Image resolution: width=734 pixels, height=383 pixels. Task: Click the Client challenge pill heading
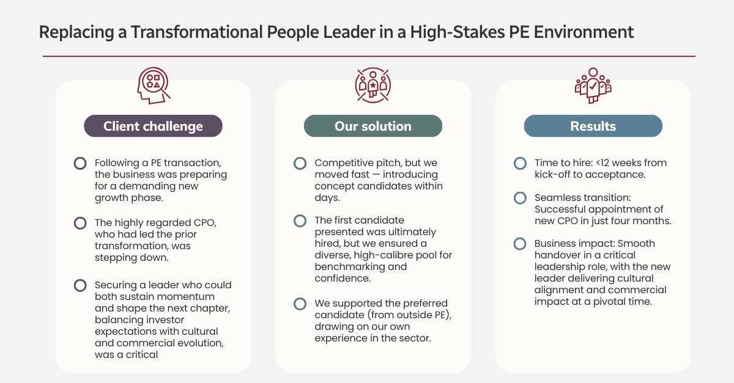(153, 126)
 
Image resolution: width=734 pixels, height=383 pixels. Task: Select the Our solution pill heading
(373, 126)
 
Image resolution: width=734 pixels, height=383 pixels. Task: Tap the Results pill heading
(593, 126)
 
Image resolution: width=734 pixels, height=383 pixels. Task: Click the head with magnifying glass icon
(154, 86)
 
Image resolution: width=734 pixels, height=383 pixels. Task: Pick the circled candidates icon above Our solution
(373, 86)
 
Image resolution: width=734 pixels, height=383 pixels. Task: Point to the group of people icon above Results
(593, 86)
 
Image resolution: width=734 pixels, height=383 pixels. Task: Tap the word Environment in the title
(584, 32)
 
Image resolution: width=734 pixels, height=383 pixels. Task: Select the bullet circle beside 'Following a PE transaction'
(80, 163)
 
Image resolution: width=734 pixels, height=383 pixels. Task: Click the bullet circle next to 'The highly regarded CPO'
(80, 223)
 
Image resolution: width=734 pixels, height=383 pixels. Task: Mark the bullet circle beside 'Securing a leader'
(80, 285)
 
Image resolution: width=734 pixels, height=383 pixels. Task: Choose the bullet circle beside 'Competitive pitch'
(300, 163)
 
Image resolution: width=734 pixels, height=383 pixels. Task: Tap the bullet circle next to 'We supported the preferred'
(300, 304)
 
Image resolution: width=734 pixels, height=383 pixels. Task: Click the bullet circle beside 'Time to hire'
(520, 163)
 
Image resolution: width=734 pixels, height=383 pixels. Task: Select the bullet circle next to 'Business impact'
(520, 244)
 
